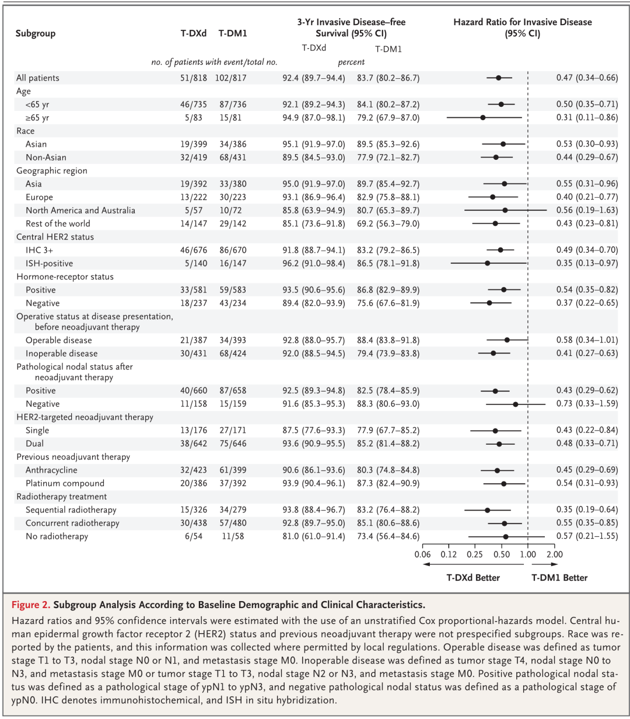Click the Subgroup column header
tap(36, 34)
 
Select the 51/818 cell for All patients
tap(193, 78)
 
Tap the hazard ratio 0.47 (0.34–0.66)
tap(587, 78)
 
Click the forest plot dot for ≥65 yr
tap(483, 117)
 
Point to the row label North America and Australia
tap(80, 211)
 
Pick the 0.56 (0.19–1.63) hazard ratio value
tap(587, 210)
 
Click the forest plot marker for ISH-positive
tap(488, 263)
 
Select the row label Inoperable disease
tap(61, 354)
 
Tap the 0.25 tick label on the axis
tap(475, 554)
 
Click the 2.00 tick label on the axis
tap(554, 554)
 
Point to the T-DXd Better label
tap(473, 578)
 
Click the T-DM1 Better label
tap(559, 578)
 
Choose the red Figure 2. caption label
tap(31, 605)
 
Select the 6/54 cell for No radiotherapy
tap(194, 536)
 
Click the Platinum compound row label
tap(65, 483)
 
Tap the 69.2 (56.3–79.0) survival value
tap(388, 224)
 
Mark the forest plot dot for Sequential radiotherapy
tap(488, 510)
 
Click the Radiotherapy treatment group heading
tap(61, 497)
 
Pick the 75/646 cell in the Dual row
tap(233, 444)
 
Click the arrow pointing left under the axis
tap(474, 564)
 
